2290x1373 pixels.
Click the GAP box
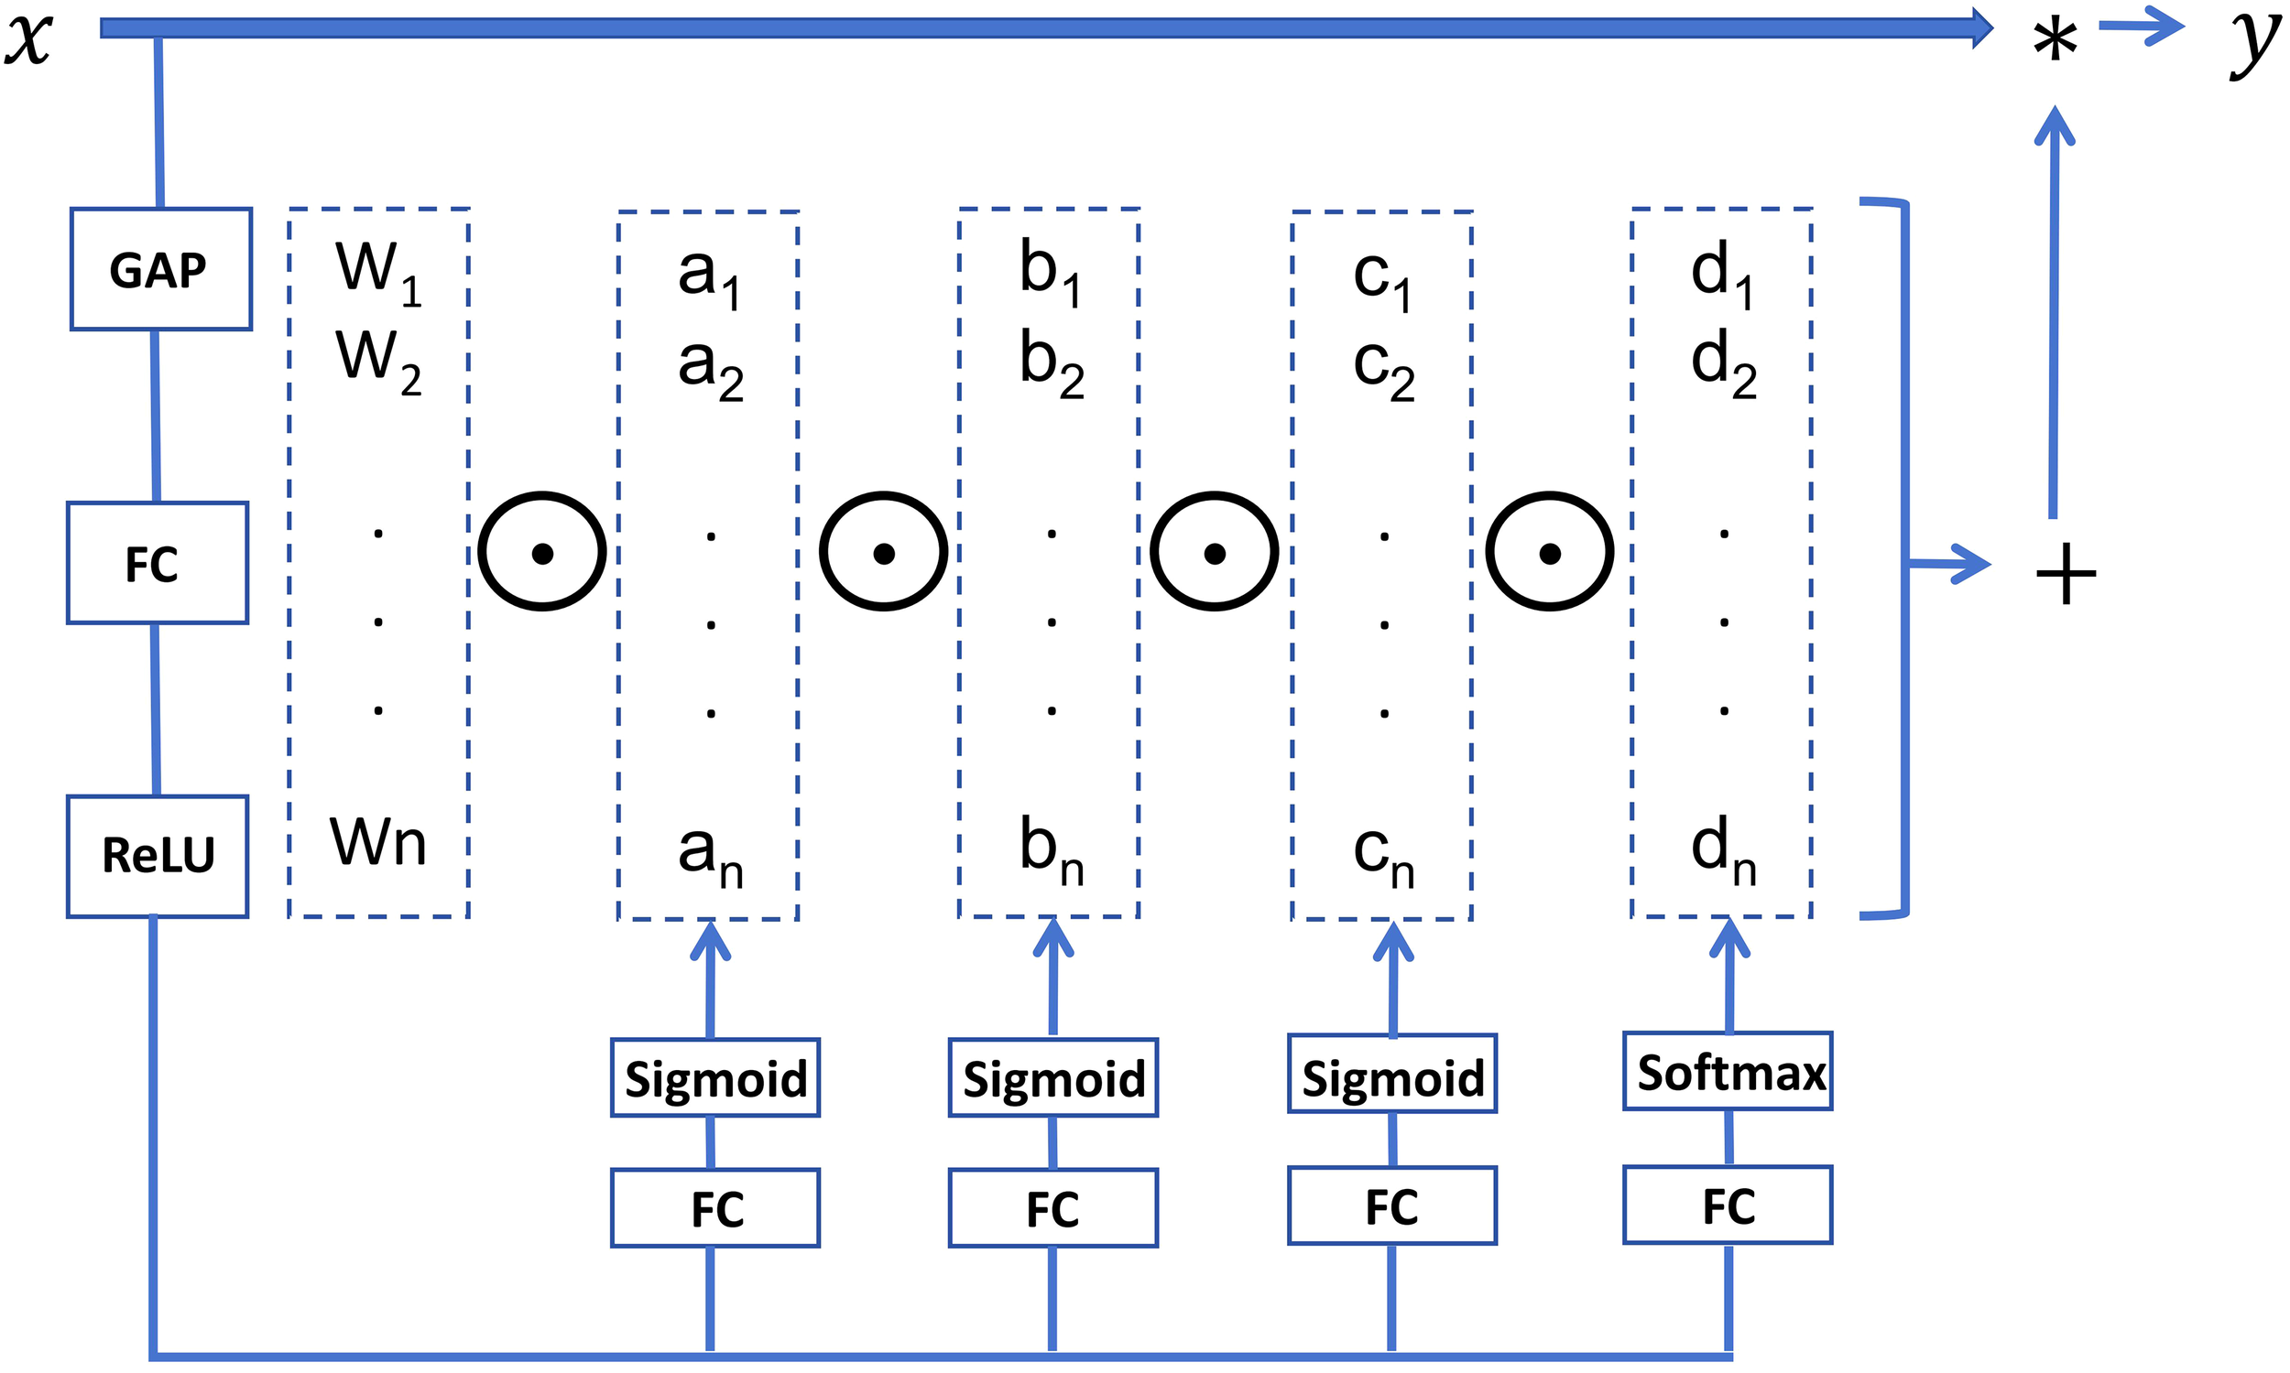click(x=160, y=269)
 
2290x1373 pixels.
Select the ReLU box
click(x=158, y=856)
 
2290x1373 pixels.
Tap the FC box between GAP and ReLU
click(x=157, y=563)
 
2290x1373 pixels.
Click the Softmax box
click(x=1728, y=1071)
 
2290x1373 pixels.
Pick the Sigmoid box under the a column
click(x=714, y=1078)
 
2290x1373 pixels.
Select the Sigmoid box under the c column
click(x=1391, y=1076)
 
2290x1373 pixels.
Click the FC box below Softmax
click(x=1728, y=1205)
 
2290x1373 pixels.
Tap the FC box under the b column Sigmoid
click(x=1052, y=1207)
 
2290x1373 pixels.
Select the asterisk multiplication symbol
click(x=2054, y=41)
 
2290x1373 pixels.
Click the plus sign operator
click(x=2065, y=575)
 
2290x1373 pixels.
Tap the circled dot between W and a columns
click(x=542, y=552)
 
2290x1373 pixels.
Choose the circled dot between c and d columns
click(x=1550, y=552)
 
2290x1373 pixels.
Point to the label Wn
click(x=377, y=842)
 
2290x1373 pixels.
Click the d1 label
click(x=1721, y=273)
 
